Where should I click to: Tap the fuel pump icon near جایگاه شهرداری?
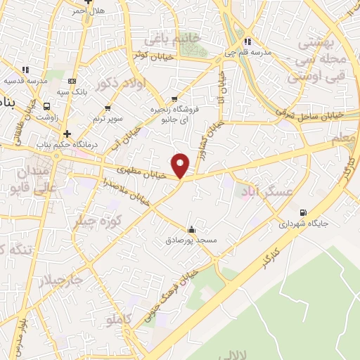pyautogui.click(x=303, y=212)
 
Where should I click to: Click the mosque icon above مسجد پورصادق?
pyautogui.click(x=191, y=230)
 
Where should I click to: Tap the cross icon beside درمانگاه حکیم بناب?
pyautogui.click(x=67, y=134)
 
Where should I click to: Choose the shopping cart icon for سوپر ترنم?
pyautogui.click(x=108, y=108)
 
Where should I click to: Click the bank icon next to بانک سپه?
pyautogui.click(x=71, y=81)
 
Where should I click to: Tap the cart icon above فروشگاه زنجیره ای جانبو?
pyautogui.click(x=174, y=99)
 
